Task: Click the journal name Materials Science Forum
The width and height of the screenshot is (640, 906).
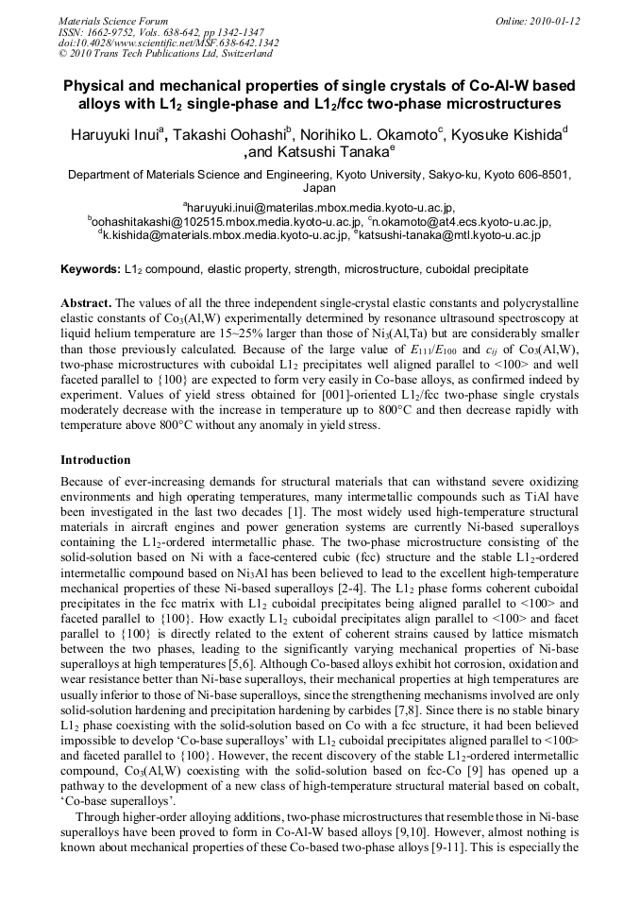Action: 113,20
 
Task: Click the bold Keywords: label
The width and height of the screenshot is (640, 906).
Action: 91,270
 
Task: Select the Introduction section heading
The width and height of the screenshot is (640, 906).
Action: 95,460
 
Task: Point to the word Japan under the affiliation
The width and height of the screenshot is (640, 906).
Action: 319,188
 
